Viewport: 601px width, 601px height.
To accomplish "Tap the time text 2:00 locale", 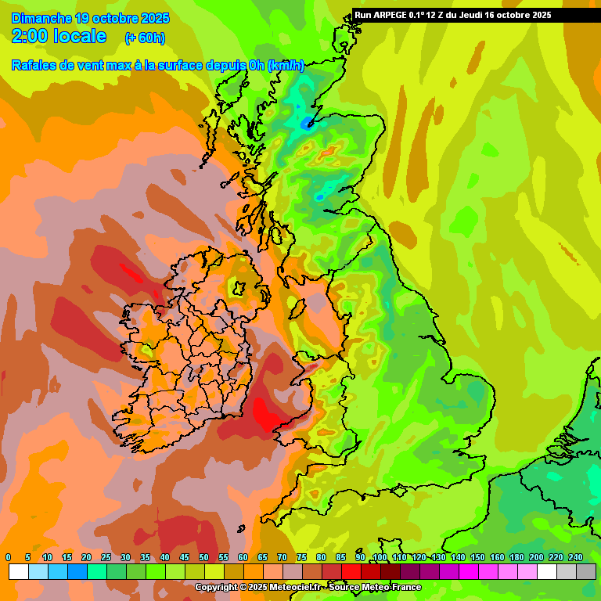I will point(59,36).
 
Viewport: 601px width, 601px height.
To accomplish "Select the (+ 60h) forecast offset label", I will point(145,38).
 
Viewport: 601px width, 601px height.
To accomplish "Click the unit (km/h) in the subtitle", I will point(285,66).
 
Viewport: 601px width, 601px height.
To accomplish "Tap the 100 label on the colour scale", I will point(380,557).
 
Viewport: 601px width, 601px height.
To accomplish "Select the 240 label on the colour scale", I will point(576,557).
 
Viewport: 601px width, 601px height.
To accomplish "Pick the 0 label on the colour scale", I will point(9,557).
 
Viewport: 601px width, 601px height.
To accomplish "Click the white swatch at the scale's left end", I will point(19,572).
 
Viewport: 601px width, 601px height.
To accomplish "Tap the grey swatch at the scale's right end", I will point(586,572).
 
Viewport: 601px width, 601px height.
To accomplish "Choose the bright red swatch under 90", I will point(351,572).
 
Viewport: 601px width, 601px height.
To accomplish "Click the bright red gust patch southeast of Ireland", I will point(267,414).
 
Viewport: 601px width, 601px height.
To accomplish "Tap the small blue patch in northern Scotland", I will point(307,124).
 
